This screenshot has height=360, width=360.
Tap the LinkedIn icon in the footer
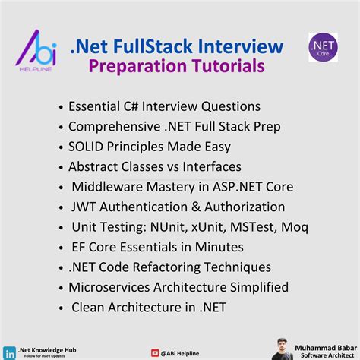click(9, 352)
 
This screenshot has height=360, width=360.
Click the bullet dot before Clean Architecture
click(60, 308)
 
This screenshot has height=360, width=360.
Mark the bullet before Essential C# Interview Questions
click(60, 106)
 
